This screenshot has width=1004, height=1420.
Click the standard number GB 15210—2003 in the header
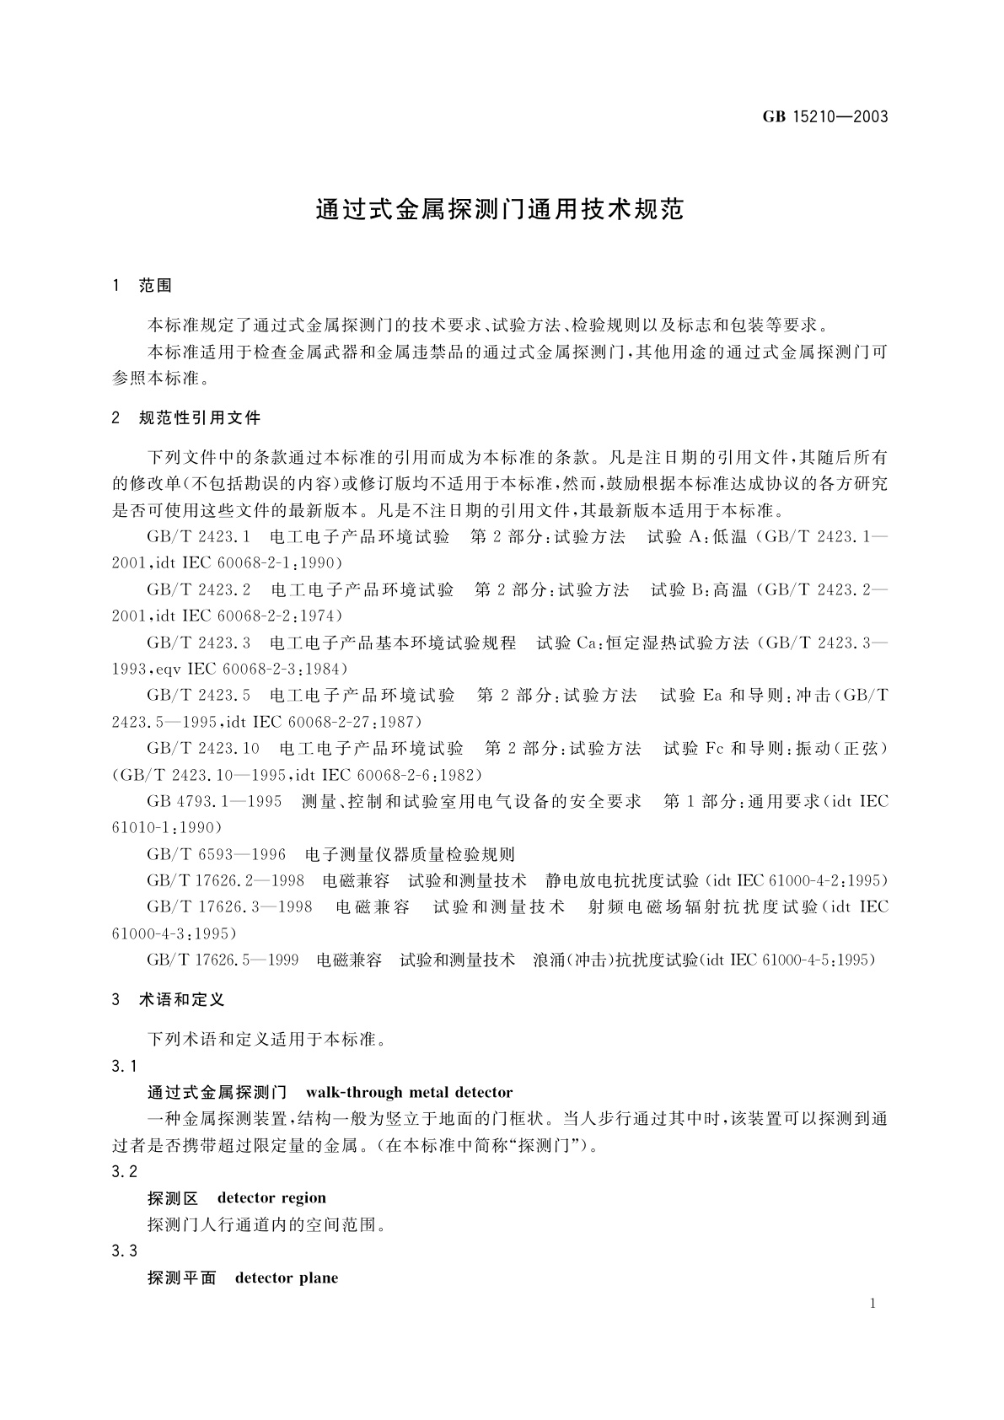coord(825,117)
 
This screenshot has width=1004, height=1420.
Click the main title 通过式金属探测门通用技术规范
coord(499,210)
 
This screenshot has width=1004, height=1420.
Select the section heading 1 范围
coord(142,286)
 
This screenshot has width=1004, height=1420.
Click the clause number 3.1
coord(124,1067)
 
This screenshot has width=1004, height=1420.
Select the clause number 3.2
coord(124,1171)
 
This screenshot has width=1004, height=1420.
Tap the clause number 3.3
coord(124,1251)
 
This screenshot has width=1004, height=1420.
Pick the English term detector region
coord(271,1197)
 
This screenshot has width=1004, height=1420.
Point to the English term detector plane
coord(287,1277)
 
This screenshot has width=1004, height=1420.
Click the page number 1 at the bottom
coord(872,1304)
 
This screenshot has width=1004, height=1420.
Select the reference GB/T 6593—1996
coord(216,854)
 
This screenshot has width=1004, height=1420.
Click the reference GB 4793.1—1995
coord(214,801)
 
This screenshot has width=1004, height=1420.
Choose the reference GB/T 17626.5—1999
coord(223,960)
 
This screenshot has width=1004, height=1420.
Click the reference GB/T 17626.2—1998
coord(225,880)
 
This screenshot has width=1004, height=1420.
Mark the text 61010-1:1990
coord(167,827)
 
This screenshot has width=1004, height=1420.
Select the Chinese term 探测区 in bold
coord(173,1197)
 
